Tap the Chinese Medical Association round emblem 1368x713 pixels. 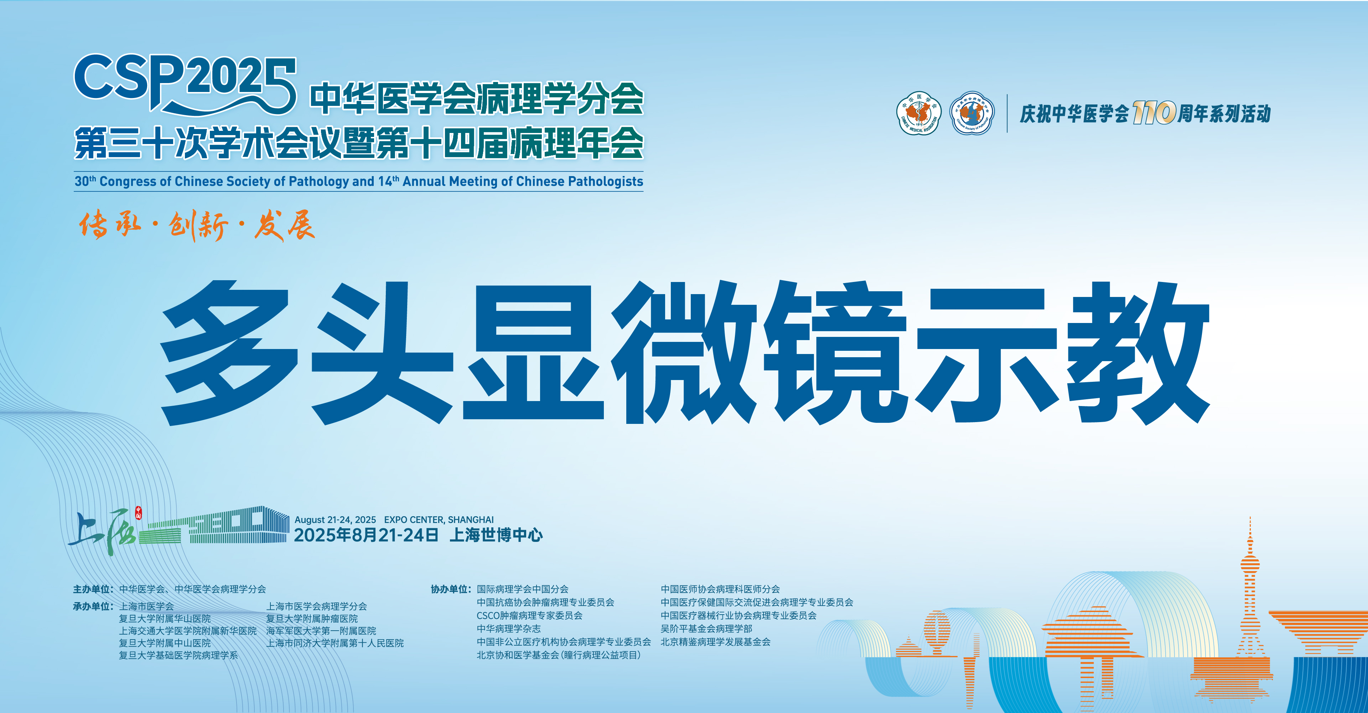pyautogui.click(x=919, y=113)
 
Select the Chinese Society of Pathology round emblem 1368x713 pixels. pyautogui.click(x=972, y=113)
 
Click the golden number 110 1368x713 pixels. pyautogui.click(x=1154, y=113)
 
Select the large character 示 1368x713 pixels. pyautogui.click(x=988, y=353)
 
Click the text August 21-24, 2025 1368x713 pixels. pyautogui.click(x=335, y=520)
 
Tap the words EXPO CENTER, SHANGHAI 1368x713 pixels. pyautogui.click(x=439, y=520)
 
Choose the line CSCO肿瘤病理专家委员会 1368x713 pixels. pyautogui.click(x=529, y=615)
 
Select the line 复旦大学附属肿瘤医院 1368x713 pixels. pyautogui.click(x=312, y=619)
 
